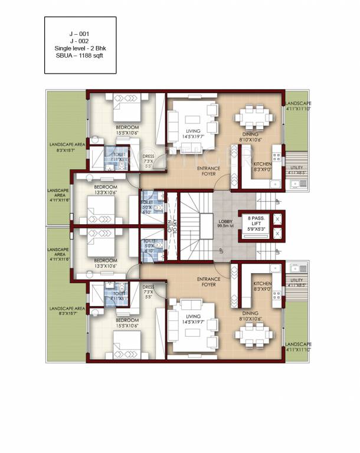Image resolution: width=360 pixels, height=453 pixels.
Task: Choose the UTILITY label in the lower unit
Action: point(297,280)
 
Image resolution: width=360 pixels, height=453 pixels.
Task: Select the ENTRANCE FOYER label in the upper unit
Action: point(209,170)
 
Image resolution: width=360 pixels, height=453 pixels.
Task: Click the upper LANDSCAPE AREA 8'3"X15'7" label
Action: point(68,147)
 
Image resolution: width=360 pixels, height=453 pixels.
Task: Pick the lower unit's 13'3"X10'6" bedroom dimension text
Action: point(106,265)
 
